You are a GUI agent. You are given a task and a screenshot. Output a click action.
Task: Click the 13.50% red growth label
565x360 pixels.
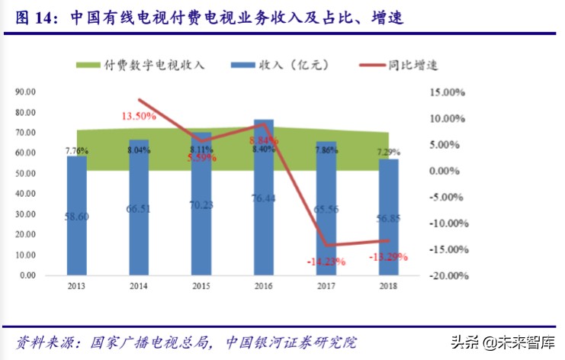138,117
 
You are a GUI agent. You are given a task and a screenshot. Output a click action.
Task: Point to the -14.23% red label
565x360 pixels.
326,261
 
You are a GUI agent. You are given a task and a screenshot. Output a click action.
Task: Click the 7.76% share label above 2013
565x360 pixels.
76,150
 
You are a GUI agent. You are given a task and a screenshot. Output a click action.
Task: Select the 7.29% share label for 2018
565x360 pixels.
388,153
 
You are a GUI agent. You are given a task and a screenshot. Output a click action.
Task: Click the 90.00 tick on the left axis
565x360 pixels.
26,92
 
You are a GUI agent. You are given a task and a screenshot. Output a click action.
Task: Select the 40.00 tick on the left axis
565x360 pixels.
26,193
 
